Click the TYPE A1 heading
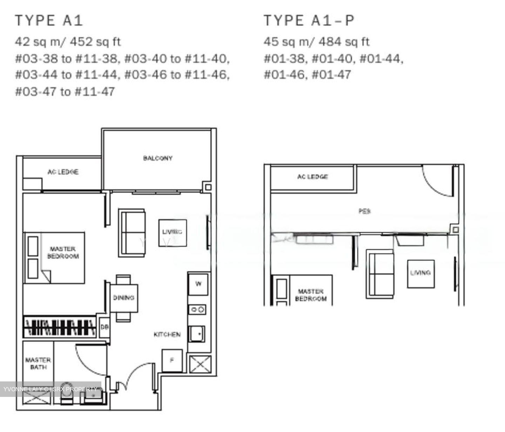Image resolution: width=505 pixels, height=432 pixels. tap(49, 20)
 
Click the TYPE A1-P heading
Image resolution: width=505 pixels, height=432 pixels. tap(309, 20)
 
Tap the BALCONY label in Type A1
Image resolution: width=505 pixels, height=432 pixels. tap(158, 158)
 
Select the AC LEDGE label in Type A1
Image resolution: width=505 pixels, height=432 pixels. tap(63, 172)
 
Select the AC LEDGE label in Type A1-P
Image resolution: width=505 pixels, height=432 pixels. tap(312, 177)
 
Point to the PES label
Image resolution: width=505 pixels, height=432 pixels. tap(365, 211)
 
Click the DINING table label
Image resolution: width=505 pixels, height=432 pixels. tap(124, 298)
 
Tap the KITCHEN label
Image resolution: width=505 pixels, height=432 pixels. tap(167, 334)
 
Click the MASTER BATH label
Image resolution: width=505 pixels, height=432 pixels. tap(38, 364)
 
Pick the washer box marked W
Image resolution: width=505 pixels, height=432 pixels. tap(198, 284)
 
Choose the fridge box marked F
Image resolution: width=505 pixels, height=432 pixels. tap(172, 360)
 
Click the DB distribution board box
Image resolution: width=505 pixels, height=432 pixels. tap(104, 327)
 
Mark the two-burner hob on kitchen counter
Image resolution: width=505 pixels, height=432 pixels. tap(197, 309)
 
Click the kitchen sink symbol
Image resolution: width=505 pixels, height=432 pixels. tap(197, 333)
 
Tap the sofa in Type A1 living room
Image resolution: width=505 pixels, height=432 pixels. tap(132, 233)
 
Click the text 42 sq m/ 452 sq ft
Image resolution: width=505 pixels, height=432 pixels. tap(68, 42)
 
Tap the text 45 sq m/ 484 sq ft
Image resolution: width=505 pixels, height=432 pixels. tap(316, 42)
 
